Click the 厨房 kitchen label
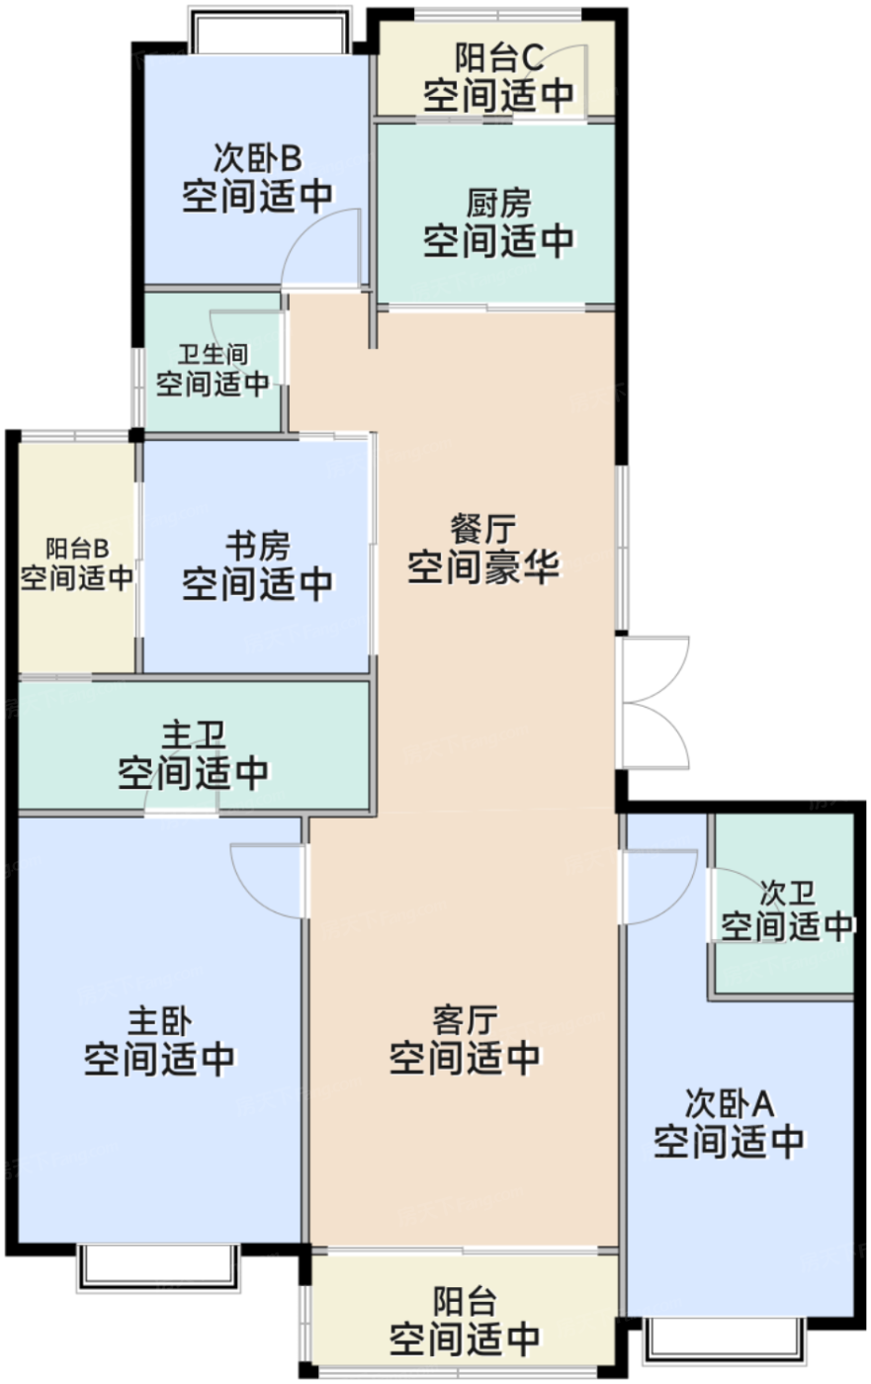498,205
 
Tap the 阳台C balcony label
498,57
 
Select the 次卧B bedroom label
257,158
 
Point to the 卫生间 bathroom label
213,354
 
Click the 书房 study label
257,545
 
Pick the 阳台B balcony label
77,549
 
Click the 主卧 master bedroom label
159,1020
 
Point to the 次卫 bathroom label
787,894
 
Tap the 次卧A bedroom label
729,1102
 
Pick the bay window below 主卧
158,1267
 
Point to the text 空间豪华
483,568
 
